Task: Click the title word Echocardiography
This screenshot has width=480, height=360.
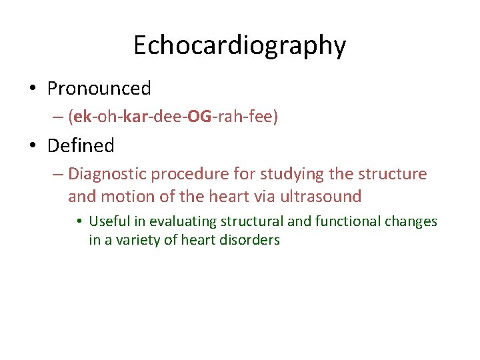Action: (x=239, y=45)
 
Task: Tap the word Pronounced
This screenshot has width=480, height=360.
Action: (x=99, y=88)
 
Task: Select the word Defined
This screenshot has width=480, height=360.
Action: (x=81, y=145)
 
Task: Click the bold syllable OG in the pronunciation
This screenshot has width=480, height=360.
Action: (x=199, y=117)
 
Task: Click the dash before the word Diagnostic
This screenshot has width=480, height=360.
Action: (x=58, y=175)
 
